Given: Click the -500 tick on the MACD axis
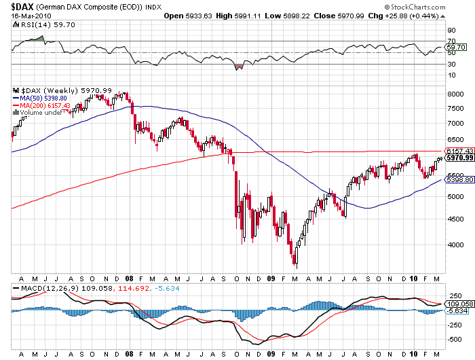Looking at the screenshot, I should click(452, 340).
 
